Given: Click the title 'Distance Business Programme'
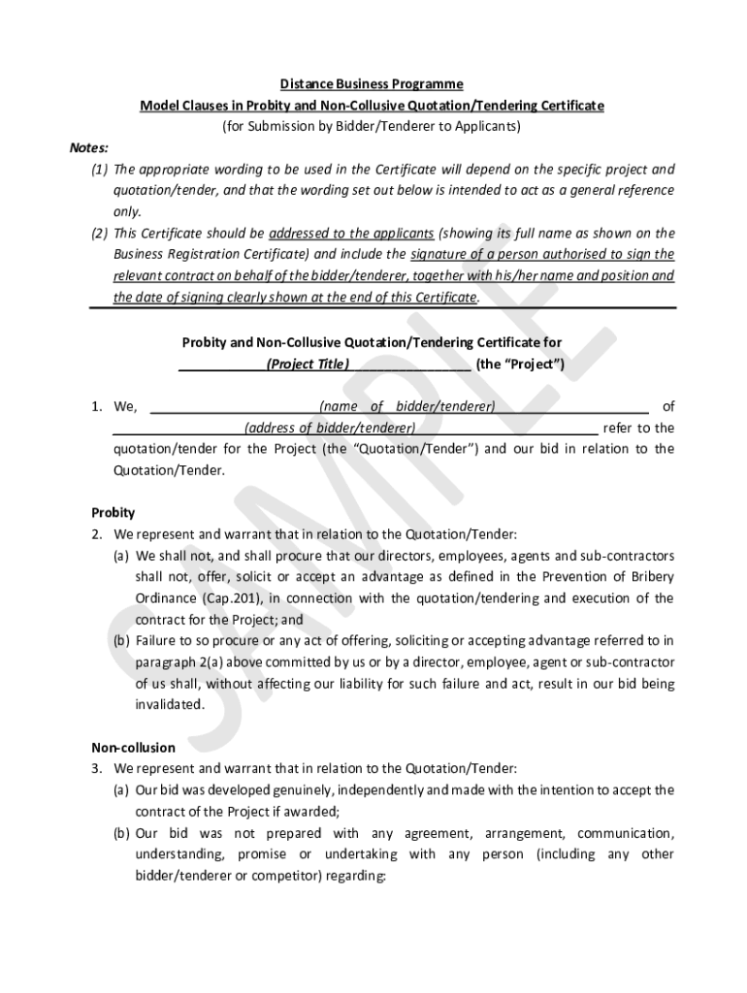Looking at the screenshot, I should pos(373,84).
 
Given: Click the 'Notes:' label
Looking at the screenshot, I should pos(88,148).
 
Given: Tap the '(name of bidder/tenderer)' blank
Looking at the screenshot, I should pos(406,406).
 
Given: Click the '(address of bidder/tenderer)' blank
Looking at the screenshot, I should pos(330,428).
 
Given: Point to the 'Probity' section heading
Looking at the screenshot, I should pos(113,513).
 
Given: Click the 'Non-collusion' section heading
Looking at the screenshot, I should pos(133,748).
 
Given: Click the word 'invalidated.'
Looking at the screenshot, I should pos(170,705).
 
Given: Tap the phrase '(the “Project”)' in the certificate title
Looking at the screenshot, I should pos(520,365).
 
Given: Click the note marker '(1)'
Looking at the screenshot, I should pos(100,170).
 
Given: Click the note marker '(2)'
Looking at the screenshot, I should pos(100,234).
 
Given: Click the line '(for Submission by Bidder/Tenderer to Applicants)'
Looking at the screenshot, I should pos(373,127).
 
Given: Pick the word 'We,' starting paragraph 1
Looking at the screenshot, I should pos(126,407).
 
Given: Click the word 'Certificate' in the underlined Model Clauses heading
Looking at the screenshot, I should pos(572,106).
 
